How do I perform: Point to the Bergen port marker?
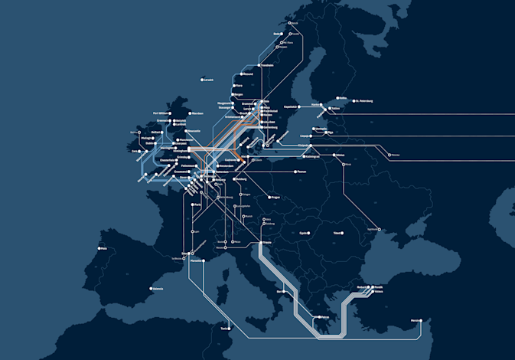click(233, 94)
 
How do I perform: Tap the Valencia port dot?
click(150, 289)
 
